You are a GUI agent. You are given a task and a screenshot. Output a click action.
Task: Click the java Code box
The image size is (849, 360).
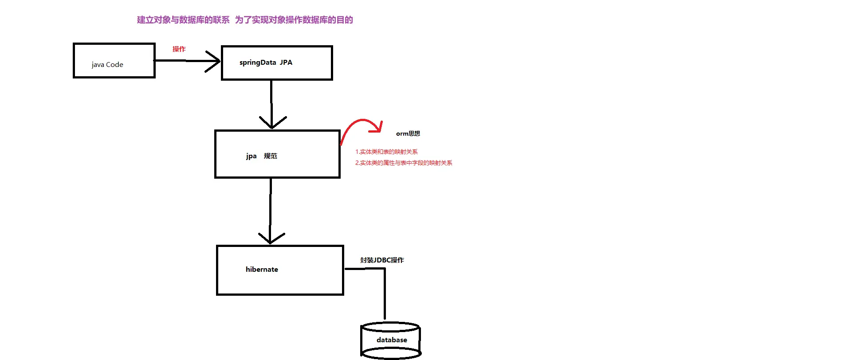click(x=114, y=61)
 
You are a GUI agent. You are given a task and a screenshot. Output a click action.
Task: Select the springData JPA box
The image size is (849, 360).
click(x=277, y=63)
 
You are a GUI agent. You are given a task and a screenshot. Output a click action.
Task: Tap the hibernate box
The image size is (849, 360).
click(x=280, y=270)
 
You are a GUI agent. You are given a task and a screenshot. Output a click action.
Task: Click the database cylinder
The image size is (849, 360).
click(x=391, y=340)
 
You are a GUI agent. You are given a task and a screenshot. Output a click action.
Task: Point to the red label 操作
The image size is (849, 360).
click(x=179, y=49)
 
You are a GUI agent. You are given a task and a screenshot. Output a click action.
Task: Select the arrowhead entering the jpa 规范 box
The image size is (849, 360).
click(x=272, y=123)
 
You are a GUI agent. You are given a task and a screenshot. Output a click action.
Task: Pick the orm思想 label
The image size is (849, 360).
click(x=408, y=133)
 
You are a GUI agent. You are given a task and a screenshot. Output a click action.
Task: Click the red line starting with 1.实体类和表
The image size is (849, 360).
click(x=386, y=152)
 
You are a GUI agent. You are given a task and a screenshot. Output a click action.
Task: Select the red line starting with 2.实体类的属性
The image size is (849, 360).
click(x=404, y=163)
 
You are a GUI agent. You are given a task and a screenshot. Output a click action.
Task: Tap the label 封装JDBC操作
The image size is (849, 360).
click(x=382, y=260)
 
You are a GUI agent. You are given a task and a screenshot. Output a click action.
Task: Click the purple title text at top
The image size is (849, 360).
click(x=245, y=20)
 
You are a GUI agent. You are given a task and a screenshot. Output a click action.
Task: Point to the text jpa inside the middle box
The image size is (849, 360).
click(x=252, y=156)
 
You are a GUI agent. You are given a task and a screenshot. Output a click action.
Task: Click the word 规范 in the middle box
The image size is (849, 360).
click(x=271, y=156)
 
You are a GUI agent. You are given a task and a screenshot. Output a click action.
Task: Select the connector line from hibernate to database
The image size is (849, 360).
click(x=385, y=293)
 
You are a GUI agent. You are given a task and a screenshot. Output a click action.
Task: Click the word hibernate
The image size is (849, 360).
click(x=262, y=270)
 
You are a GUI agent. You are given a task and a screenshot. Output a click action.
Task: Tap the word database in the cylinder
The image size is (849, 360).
click(x=392, y=340)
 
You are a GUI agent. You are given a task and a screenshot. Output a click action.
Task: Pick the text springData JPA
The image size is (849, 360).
click(x=266, y=63)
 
